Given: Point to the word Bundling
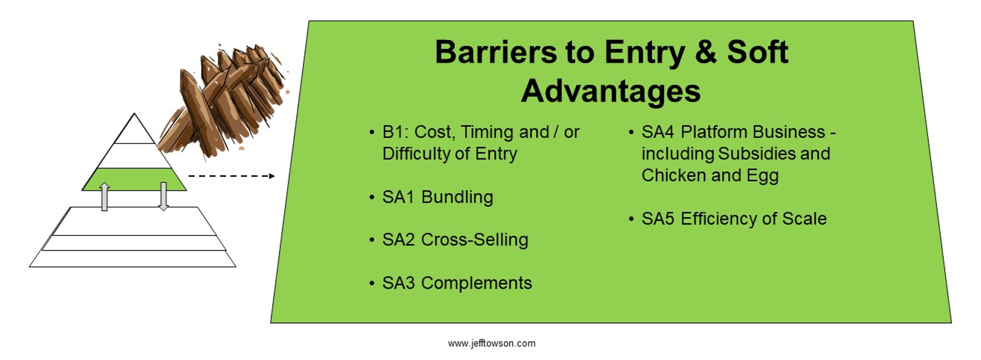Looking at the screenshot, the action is click(x=457, y=197).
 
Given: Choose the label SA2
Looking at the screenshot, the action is click(x=398, y=240).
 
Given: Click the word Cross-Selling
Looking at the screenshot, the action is click(x=474, y=240).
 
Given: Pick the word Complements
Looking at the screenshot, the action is click(x=476, y=283).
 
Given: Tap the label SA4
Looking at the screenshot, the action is click(x=657, y=132).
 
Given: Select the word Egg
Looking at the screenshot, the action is click(x=763, y=175).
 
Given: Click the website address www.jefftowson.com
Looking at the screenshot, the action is click(x=491, y=343).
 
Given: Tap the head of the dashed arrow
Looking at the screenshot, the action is click(x=272, y=176).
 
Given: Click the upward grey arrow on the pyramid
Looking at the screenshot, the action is click(x=104, y=197).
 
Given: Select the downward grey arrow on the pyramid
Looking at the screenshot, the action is click(x=163, y=196).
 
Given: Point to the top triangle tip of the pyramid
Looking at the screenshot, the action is click(x=134, y=114).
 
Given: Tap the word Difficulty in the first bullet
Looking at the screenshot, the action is click(x=415, y=154).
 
